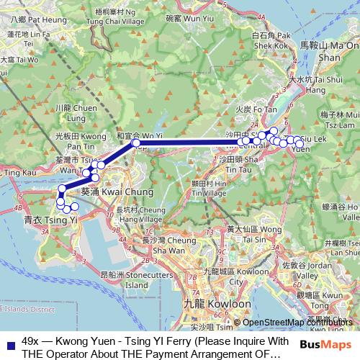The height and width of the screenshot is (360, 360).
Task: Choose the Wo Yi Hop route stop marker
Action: [136, 143]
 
